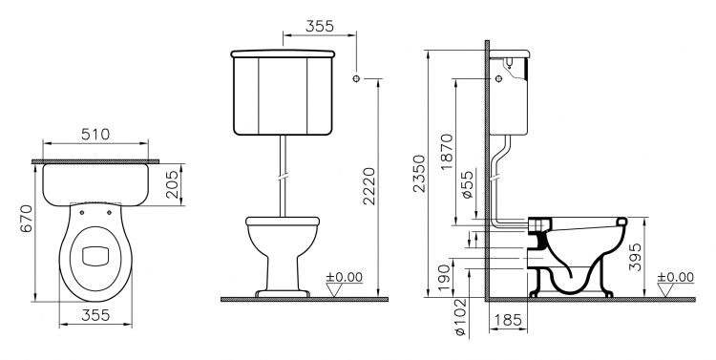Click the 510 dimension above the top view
coord(95,135)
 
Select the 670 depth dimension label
coord(27,219)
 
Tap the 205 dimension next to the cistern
coord(172,184)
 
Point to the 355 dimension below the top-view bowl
coord(95,315)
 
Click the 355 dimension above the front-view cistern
coord(319,26)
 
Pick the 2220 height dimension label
coord(369,186)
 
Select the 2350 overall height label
coord(419,174)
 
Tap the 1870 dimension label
coord(447,152)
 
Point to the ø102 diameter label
coord(461,318)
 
